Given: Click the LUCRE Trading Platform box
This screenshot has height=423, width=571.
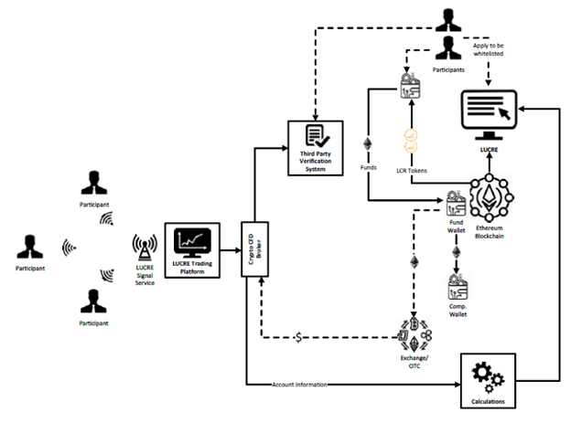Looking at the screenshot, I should pyautogui.click(x=194, y=249).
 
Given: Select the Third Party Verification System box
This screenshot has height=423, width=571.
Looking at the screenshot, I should pyautogui.click(x=315, y=144).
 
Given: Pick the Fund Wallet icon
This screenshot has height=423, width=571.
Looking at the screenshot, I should pyautogui.click(x=455, y=203).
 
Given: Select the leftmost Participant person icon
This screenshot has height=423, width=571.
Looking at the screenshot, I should pyautogui.click(x=31, y=248).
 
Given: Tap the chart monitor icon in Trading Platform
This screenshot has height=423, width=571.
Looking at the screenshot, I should pyautogui.click(x=194, y=241).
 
